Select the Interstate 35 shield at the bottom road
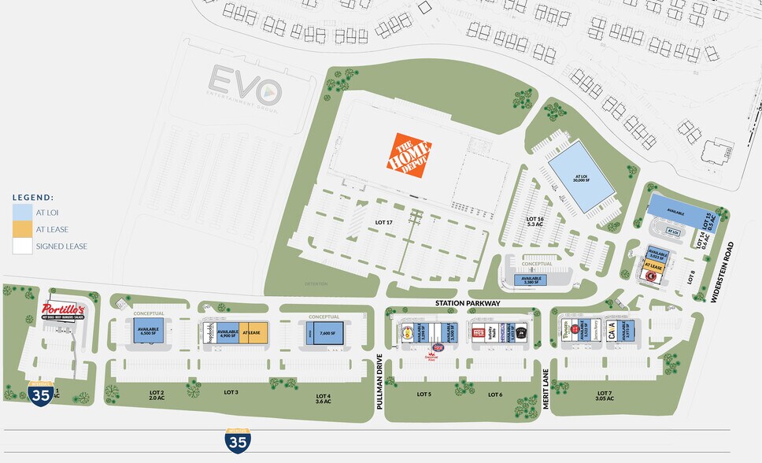coord(236,440)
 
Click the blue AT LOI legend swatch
coord(23,212)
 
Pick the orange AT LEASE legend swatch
coord(23,229)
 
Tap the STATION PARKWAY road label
coord(468,304)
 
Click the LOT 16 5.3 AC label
coord(535,221)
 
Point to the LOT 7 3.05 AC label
coord(604,396)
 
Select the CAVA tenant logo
coord(611,331)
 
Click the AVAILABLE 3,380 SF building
coord(532,280)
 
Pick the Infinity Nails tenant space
coord(496,332)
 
